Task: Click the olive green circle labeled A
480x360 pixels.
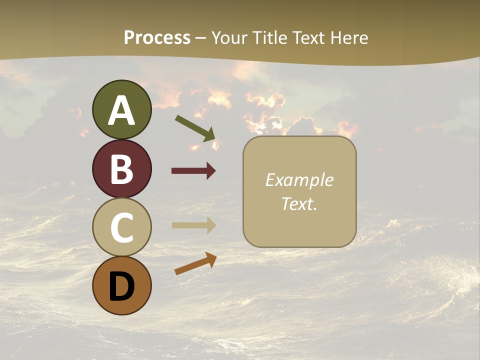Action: (121, 109)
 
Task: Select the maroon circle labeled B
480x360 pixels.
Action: (121, 168)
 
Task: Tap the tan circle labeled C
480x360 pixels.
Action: (121, 227)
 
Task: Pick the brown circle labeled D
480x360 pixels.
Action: (121, 286)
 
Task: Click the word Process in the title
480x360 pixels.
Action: (157, 37)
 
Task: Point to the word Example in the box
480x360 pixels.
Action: (299, 180)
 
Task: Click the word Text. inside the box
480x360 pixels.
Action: (299, 203)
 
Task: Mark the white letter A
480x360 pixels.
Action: (121, 110)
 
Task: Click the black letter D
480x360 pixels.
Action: (121, 287)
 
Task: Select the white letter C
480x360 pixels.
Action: (121, 228)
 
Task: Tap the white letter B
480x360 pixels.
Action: (121, 169)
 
